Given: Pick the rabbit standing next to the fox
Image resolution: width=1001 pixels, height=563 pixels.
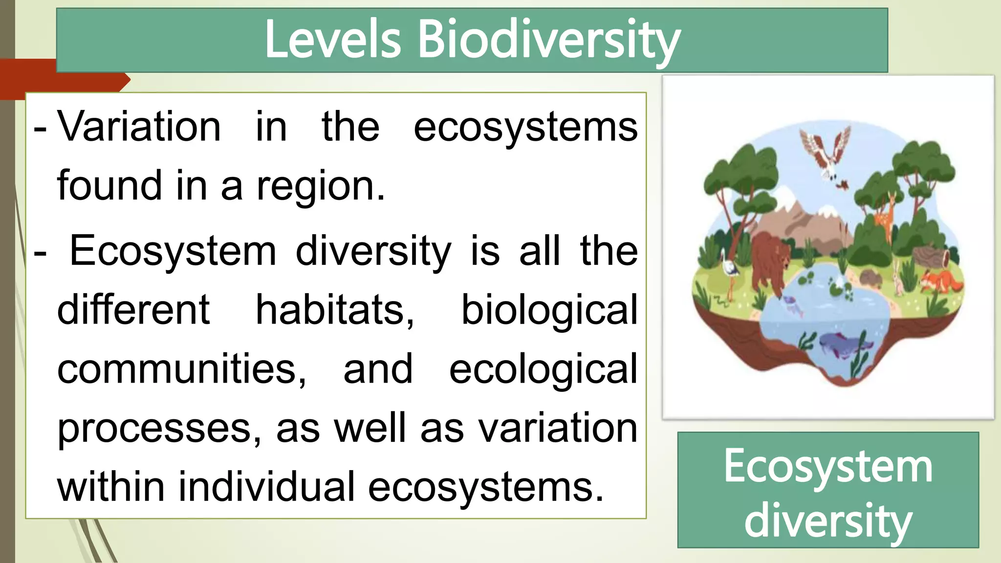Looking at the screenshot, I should point(898,279).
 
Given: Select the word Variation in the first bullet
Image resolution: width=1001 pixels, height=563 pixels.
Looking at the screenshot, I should point(139,127).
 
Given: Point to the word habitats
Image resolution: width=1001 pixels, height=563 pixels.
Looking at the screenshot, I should point(335,310).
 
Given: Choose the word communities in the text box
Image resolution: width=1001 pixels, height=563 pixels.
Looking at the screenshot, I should point(181,369).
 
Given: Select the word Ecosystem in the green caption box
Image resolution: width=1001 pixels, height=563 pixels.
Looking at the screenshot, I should point(828,467).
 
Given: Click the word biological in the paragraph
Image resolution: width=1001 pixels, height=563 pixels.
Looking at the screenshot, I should point(549,311).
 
